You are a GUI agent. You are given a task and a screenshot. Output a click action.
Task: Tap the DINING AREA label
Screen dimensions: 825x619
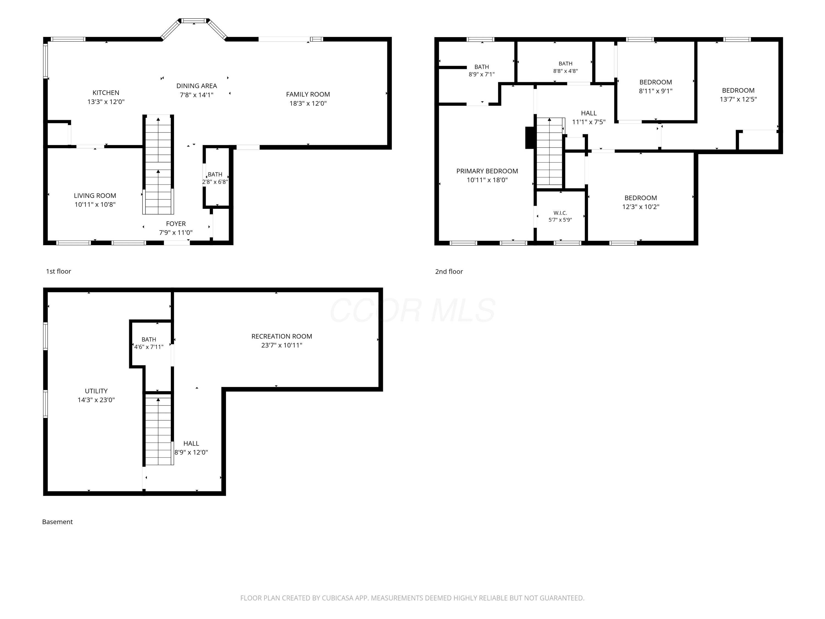[197, 86]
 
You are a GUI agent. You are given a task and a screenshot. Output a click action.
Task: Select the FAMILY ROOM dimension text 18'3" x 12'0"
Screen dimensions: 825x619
[308, 103]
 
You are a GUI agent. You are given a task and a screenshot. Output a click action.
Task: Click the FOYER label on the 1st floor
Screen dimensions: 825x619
[176, 223]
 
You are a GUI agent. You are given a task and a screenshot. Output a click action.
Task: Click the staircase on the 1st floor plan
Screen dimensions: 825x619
[158, 165]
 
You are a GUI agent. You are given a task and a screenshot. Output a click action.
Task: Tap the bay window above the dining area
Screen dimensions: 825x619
[194, 28]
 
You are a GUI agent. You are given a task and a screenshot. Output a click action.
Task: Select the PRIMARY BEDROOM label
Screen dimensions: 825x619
[487, 171]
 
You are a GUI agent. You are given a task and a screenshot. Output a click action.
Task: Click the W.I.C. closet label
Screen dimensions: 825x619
[560, 213]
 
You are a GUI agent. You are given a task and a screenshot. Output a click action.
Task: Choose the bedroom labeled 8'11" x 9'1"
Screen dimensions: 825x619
[656, 82]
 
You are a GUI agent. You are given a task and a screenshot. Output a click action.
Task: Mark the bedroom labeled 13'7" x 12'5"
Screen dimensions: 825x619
[738, 90]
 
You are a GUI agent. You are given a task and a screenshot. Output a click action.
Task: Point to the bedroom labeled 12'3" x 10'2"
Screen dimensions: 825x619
[641, 198]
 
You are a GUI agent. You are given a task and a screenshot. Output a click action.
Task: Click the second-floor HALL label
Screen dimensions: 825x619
[589, 113]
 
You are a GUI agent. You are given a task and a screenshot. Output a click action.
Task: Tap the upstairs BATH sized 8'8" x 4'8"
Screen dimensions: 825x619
[565, 64]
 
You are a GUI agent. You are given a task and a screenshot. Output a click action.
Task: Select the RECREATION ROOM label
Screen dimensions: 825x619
[282, 336]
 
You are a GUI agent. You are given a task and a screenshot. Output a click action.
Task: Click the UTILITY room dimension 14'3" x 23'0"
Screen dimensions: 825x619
[96, 400]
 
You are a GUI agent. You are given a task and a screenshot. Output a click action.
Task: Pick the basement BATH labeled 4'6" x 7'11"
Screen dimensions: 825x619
[149, 339]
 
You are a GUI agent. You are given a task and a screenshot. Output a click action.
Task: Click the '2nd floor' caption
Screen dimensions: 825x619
[449, 272]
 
